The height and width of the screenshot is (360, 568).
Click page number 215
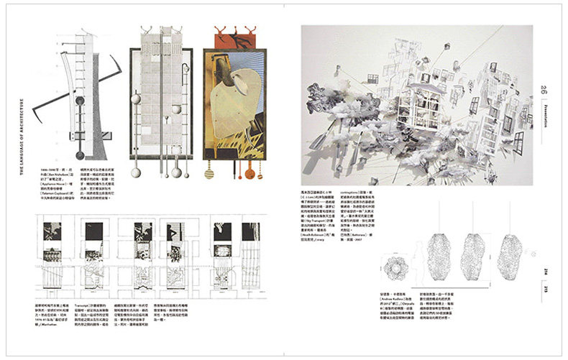tap(545, 288)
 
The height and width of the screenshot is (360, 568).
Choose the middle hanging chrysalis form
tap(476, 262)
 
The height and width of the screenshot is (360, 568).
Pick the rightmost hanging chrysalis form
tap(512, 262)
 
